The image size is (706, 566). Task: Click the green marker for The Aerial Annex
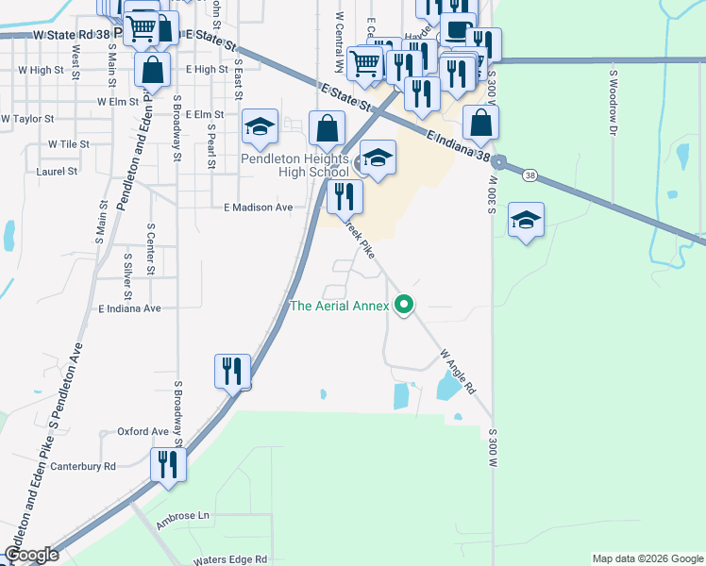pos(405,305)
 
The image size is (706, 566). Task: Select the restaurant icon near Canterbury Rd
pos(168,465)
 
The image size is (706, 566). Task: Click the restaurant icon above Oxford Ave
pos(231,371)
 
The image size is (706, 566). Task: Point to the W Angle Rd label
pos(457,371)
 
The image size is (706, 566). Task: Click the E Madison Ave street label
pos(259,208)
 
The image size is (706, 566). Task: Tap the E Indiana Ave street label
pos(129,308)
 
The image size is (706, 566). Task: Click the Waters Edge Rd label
pos(230,559)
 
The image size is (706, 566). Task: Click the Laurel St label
pos(57,172)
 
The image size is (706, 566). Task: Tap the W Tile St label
pos(68,144)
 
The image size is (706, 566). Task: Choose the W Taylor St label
pos(27,120)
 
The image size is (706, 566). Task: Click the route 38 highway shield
pos(530,175)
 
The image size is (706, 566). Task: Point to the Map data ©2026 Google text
pos(647,558)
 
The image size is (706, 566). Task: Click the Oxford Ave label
pos(143,432)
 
